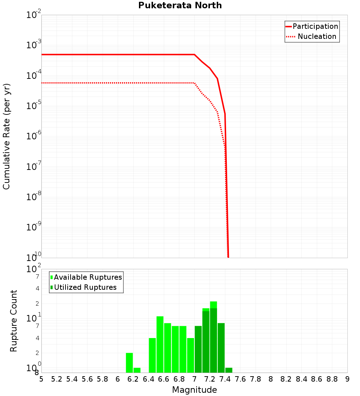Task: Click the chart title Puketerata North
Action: [180, 5]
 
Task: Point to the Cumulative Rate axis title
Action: [6, 136]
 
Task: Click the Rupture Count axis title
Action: [14, 321]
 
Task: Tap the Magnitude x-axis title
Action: [194, 390]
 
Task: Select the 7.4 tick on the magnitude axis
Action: [225, 379]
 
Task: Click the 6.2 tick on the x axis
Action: [133, 379]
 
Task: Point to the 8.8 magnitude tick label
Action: [332, 379]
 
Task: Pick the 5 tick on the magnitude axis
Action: [41, 379]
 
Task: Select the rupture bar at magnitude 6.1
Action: [129, 363]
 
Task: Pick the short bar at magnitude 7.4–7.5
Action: [229, 370]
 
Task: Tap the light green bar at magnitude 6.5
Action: [160, 344]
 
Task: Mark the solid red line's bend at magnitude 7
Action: [194, 54]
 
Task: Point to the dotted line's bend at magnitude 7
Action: [194, 83]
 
